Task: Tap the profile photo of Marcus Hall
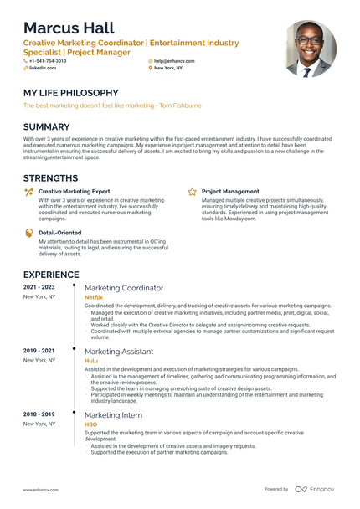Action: click(310, 48)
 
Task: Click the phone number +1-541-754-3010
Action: click(47, 61)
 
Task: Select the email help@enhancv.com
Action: click(174, 61)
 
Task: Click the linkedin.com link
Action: click(43, 68)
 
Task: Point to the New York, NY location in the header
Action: click(171, 68)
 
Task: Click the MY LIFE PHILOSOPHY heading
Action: click(70, 93)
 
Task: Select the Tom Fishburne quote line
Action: click(112, 105)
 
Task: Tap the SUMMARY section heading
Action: click(53, 126)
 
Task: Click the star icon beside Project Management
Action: click(192, 192)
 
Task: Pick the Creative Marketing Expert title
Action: click(74, 192)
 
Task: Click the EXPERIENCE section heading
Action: click(51, 275)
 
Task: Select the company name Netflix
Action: click(94, 297)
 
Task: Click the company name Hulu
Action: click(90, 361)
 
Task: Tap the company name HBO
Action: click(90, 424)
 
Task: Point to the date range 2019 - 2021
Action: click(39, 351)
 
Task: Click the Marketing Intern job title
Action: click(114, 415)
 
